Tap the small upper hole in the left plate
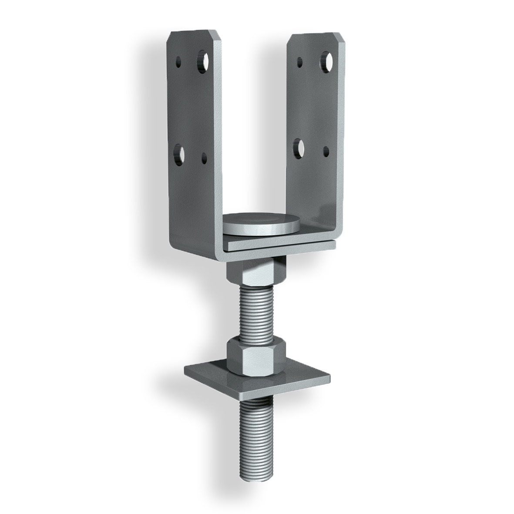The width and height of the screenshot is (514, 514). point(178,63)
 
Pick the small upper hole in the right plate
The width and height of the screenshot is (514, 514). point(300,62)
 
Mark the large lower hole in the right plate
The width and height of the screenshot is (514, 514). point(299,147)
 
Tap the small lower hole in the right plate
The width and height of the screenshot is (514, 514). point(326,151)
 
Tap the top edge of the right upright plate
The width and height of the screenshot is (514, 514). point(316,34)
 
